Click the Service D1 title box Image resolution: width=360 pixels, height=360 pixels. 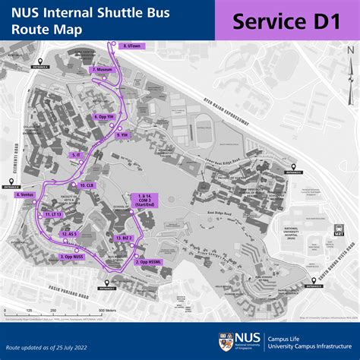(286, 21)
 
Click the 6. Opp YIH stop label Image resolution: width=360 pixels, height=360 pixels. (105, 116)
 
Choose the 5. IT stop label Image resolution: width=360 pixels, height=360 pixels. (77, 154)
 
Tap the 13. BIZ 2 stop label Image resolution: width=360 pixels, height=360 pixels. (124, 238)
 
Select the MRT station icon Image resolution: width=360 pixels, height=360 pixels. (339, 232)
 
